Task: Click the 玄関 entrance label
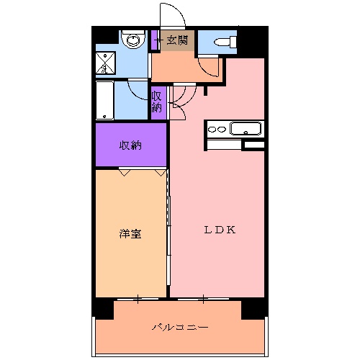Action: pos(178,41)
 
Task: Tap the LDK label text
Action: pos(220,230)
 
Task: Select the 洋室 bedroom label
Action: pos(130,233)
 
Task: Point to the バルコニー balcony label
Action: pos(180,328)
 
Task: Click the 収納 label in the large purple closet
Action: pos(130,145)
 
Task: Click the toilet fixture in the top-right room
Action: pos(225,42)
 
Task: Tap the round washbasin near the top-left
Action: pos(131,40)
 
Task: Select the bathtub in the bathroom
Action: pos(106,101)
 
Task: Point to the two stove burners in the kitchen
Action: pos(216,130)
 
